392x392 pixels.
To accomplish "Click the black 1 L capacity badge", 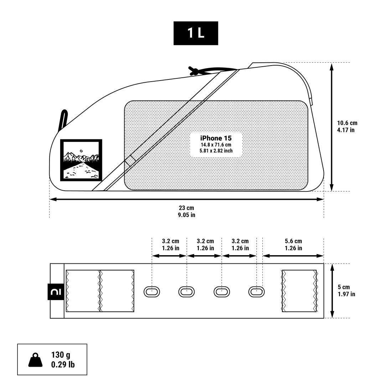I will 196,33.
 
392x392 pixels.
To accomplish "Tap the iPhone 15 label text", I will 216,138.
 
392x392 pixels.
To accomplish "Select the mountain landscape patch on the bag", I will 81,160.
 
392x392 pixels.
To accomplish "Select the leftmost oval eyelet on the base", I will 151,292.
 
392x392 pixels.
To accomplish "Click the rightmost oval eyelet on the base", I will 256,292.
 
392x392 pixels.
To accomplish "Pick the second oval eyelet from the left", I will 186,292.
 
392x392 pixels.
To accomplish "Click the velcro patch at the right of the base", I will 299,291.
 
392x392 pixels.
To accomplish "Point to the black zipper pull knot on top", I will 194,70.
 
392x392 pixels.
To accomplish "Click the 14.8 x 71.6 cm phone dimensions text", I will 216,145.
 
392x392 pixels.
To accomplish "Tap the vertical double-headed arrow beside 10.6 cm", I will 331,127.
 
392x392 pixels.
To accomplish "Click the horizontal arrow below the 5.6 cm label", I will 293,256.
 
